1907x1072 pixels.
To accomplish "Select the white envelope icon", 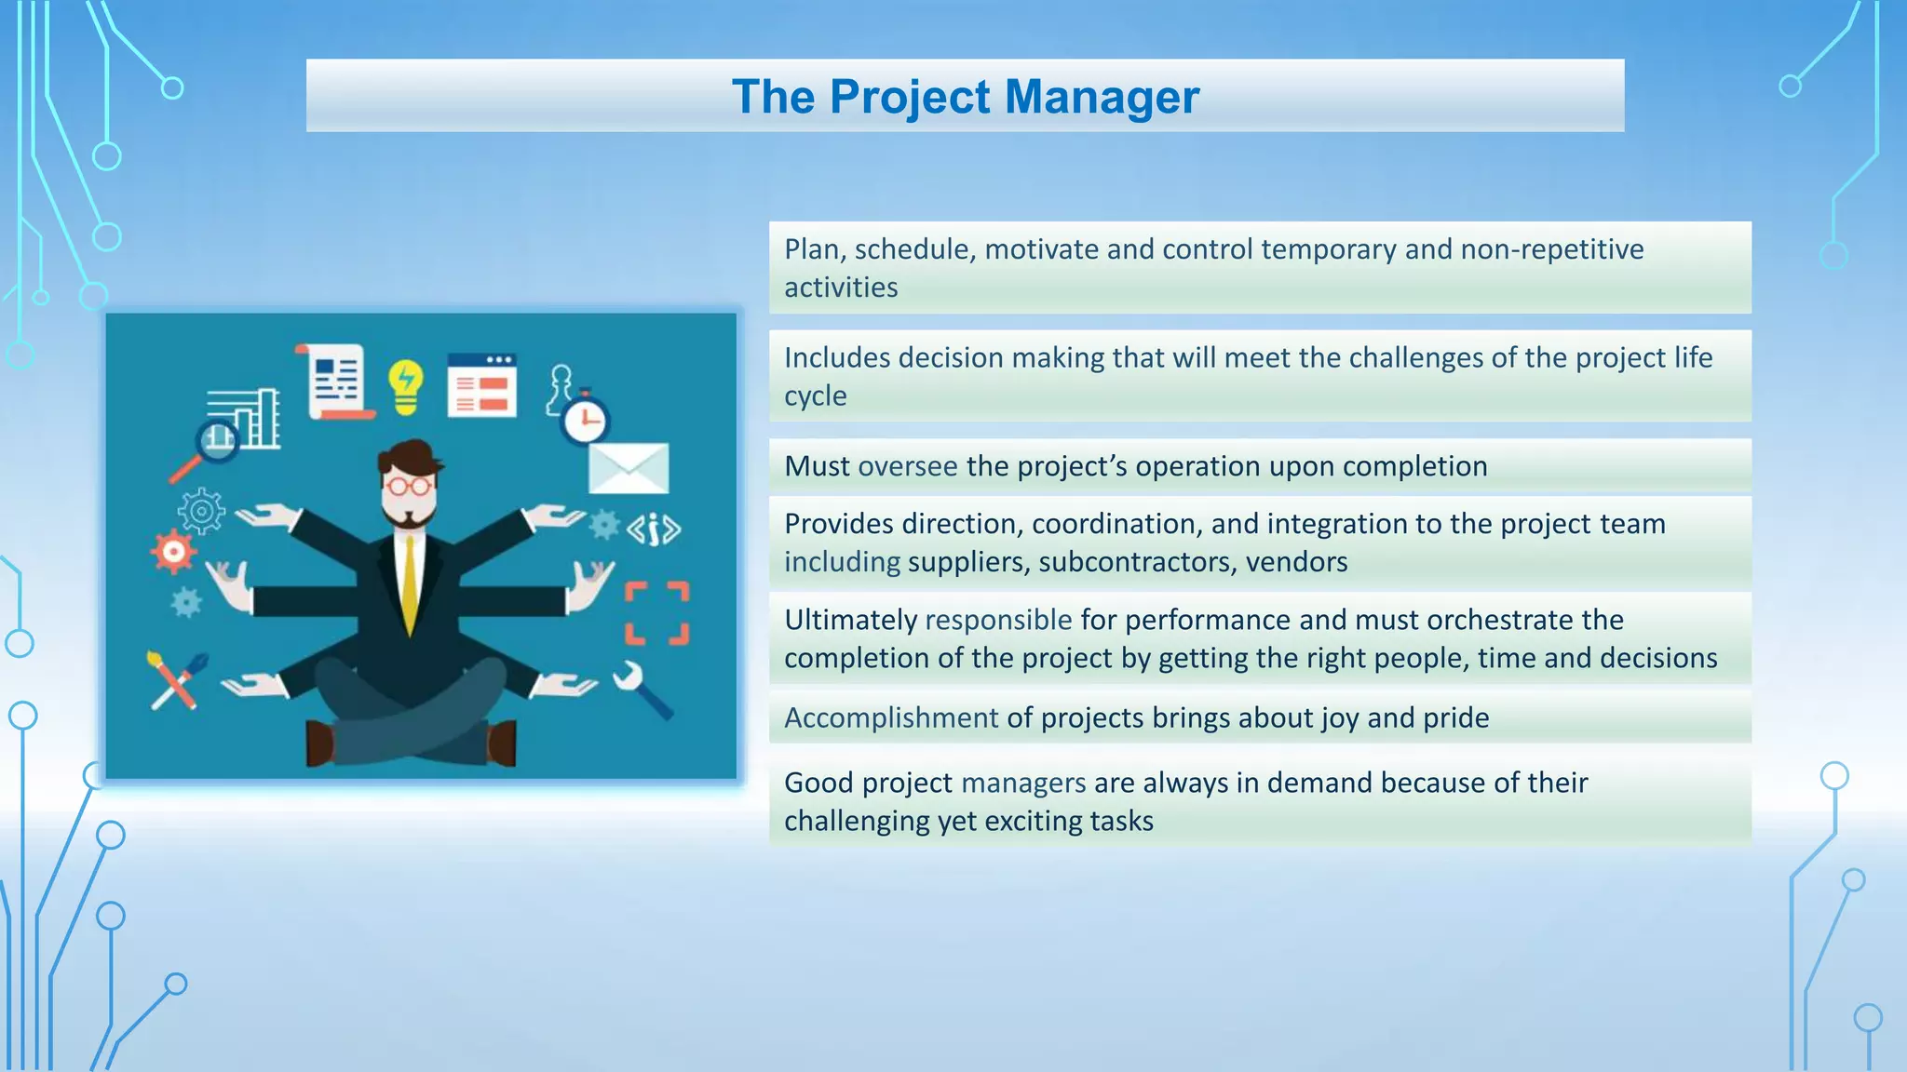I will coord(629,468).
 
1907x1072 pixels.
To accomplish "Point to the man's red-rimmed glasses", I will coord(409,485).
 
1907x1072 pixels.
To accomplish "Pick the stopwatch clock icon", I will coord(585,421).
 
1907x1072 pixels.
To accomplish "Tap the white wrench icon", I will coord(641,689).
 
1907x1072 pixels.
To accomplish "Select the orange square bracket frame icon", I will coord(656,613).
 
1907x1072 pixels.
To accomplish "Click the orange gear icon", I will coord(173,552).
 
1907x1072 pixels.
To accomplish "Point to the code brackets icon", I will coord(654,529).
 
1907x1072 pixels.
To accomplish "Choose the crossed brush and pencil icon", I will coord(177,680).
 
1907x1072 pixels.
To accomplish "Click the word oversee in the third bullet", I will coord(908,466).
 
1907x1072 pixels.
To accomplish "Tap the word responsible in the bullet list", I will coord(998,620).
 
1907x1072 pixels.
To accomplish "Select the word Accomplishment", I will coord(891,717).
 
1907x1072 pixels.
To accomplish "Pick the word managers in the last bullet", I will coord(1023,783).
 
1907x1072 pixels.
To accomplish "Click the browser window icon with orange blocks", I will coord(481,386).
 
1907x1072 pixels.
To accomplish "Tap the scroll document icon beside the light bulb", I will coord(336,382).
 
